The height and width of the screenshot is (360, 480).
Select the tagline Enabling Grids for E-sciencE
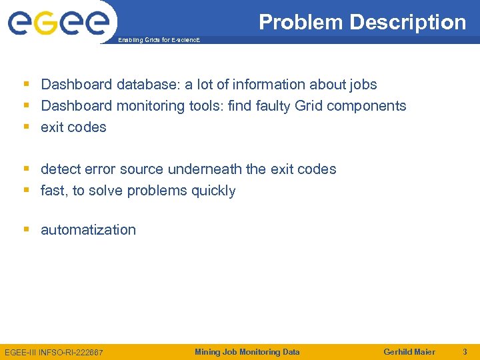pyautogui.click(x=159, y=40)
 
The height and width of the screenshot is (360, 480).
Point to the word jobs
pyautogui.click(x=362, y=85)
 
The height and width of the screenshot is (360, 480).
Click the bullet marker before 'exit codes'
pyautogui.click(x=27, y=127)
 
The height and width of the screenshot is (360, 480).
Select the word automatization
pyautogui.click(x=88, y=230)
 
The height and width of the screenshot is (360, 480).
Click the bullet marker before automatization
pyautogui.click(x=27, y=230)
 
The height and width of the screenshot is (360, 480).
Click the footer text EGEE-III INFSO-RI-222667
pyautogui.click(x=53, y=352)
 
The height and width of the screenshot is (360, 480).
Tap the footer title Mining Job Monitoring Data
pyautogui.click(x=247, y=352)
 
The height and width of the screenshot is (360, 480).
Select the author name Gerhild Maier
pyautogui.click(x=409, y=352)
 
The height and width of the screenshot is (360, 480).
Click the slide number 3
pyautogui.click(x=465, y=352)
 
